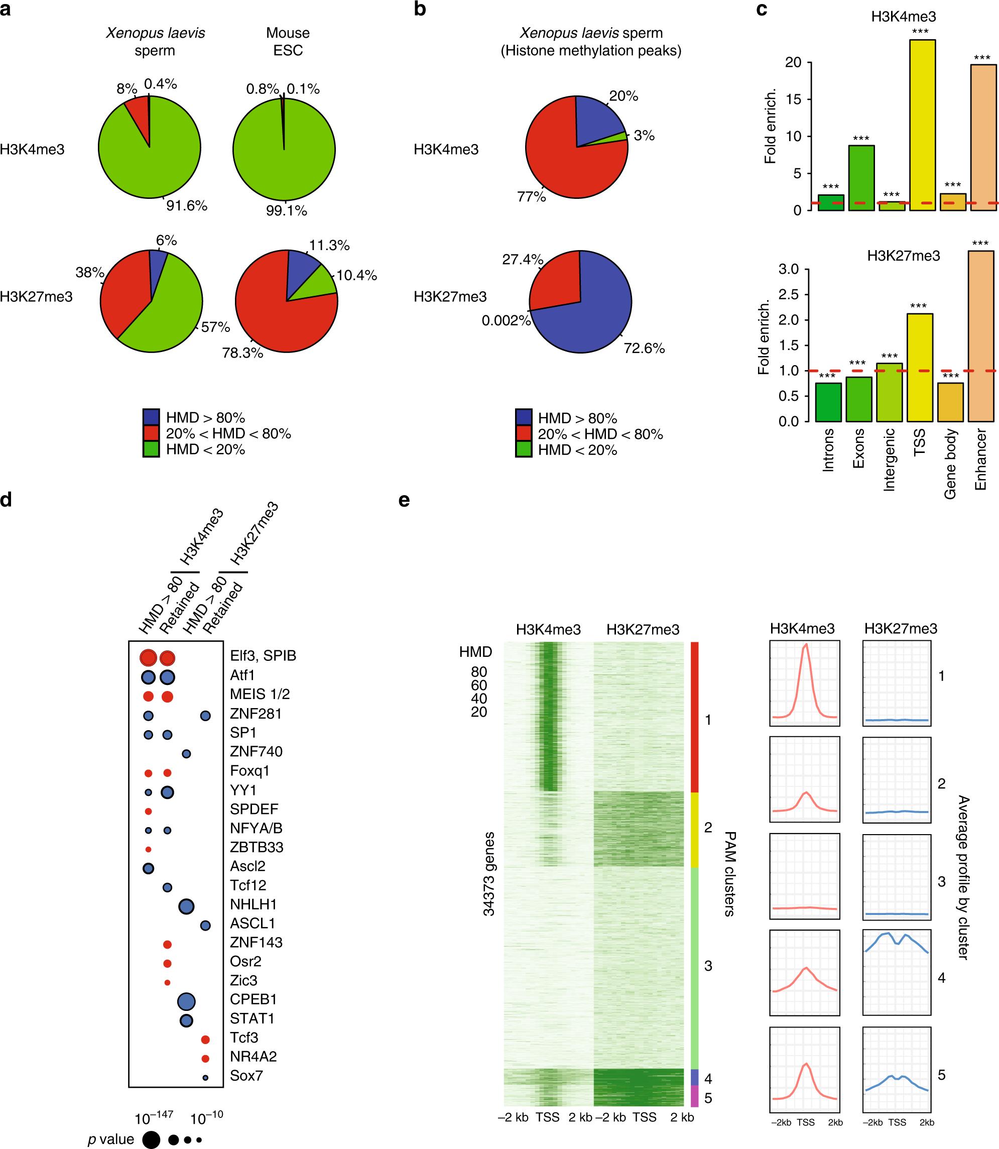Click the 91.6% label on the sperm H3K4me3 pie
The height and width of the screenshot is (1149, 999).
pos(186,206)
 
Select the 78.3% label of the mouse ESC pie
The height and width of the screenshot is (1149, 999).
pos(242,353)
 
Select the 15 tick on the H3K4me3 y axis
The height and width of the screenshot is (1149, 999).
pos(793,100)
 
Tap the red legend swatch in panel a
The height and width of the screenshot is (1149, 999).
pos(151,433)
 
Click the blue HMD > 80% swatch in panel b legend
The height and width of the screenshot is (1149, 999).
pos(524,418)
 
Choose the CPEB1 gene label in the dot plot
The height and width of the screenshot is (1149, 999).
pos(253,999)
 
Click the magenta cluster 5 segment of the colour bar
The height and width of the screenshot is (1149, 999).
pos(695,1096)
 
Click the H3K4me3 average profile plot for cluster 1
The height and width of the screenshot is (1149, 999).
pos(804,684)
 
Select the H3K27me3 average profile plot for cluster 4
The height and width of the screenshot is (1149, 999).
pos(897,973)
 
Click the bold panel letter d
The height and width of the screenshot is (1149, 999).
pos(6,500)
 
